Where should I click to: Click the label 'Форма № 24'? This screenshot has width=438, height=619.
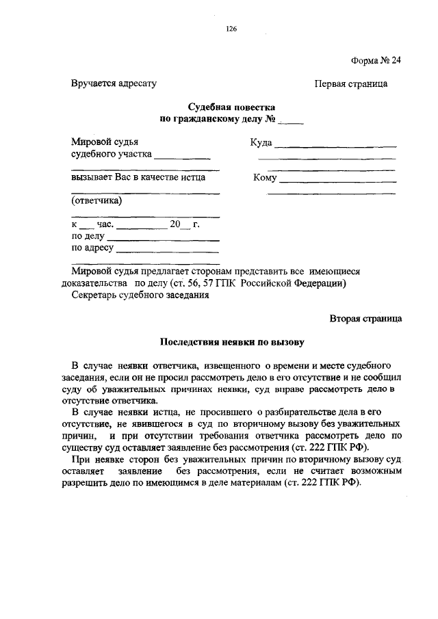pyautogui.click(x=376, y=60)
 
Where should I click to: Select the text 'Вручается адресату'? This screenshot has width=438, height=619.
pyautogui.click(x=114, y=83)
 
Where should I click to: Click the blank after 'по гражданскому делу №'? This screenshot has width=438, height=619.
pyautogui.click(x=272, y=122)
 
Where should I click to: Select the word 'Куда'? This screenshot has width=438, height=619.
pyautogui.click(x=261, y=143)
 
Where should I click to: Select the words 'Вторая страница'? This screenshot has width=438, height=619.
pyautogui.click(x=365, y=318)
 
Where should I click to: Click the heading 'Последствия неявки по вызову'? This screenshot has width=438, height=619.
pyautogui.click(x=231, y=341)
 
